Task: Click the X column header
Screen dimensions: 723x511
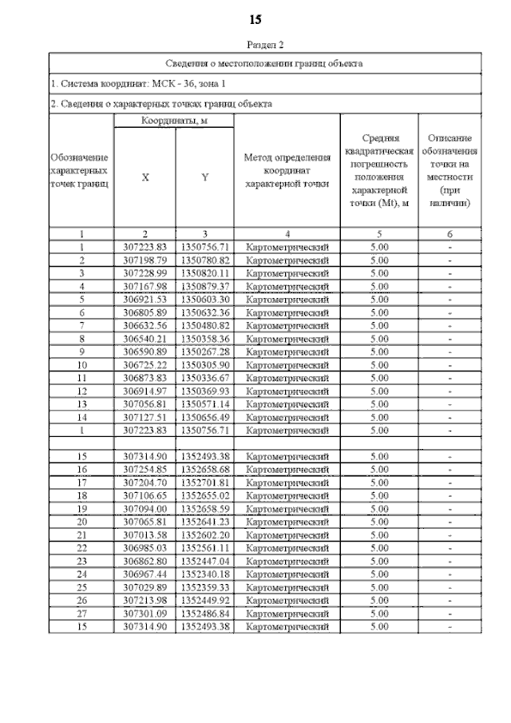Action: click(x=145, y=177)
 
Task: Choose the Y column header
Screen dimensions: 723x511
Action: click(x=205, y=177)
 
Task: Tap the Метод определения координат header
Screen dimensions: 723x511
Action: click(x=287, y=170)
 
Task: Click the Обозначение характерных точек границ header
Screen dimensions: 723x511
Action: click(x=80, y=170)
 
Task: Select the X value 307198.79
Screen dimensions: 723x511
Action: click(x=145, y=260)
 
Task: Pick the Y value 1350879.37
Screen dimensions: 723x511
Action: click(x=205, y=286)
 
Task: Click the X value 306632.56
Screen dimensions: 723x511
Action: click(x=145, y=325)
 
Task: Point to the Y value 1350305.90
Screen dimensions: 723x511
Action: click(x=205, y=364)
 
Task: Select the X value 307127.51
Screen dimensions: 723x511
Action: click(x=145, y=416)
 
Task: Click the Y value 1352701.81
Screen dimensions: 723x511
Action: click(x=205, y=483)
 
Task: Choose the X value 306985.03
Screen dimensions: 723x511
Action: click(x=145, y=548)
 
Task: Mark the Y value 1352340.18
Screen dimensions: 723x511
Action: click(x=205, y=574)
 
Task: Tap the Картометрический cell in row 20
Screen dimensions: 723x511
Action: click(x=287, y=522)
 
